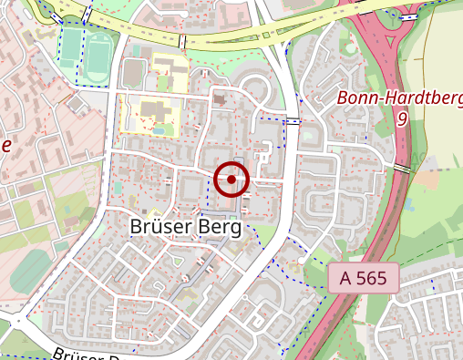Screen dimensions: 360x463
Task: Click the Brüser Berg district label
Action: click(185, 226)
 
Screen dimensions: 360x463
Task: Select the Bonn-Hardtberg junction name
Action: click(399, 98)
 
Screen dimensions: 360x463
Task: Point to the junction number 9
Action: click(402, 118)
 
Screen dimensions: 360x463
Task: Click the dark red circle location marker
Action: click(232, 180)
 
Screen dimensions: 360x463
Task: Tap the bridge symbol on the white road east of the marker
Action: click(293, 121)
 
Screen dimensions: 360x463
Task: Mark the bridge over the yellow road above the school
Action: click(182, 42)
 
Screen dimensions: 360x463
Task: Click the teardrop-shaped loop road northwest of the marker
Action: click(256, 91)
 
